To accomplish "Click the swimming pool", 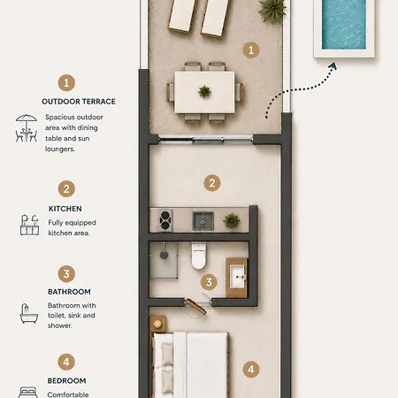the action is click(344, 24).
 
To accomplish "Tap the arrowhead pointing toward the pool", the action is click(333, 66).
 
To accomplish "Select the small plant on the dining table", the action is click(204, 91).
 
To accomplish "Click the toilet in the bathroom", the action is click(199, 256).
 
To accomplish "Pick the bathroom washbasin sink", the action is click(237, 276).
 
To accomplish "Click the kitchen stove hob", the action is click(165, 220).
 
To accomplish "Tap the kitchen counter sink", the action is click(203, 220).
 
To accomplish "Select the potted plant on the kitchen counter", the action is click(232, 220).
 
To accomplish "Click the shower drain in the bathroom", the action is click(164, 255).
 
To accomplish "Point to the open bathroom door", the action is click(195, 307).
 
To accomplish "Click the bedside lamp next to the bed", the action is click(157, 324).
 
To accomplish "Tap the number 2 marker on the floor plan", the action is click(212, 183).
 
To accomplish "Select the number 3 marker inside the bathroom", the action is click(209, 282).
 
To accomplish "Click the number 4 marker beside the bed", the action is click(251, 369).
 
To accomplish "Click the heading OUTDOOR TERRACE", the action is click(79, 102).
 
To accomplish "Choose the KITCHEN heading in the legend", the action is click(65, 209).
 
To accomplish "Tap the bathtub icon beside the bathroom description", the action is click(28, 313).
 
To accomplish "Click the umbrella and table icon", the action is click(27, 128).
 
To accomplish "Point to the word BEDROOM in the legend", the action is click(66, 380).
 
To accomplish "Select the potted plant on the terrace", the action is click(272, 10).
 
